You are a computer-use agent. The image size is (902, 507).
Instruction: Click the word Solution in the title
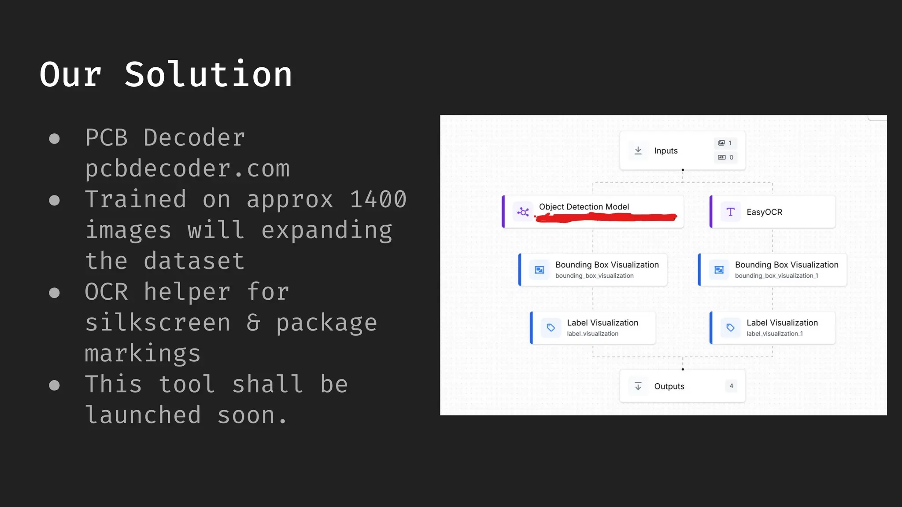208,75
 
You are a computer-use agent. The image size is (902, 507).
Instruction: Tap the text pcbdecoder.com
188,169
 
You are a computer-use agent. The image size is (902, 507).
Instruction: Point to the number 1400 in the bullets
378,199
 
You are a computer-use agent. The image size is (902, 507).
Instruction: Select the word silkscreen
158,323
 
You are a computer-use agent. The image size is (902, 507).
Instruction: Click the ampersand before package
253,323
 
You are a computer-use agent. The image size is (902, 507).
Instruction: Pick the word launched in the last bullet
143,415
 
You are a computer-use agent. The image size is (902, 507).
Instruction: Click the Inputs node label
665,151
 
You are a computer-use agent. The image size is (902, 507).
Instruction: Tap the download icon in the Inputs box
638,151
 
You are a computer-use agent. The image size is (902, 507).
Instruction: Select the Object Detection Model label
584,206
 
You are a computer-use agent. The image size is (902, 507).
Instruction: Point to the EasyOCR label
764,212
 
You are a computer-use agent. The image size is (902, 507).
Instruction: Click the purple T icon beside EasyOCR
730,212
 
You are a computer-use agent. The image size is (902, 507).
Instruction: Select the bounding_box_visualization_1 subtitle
776,276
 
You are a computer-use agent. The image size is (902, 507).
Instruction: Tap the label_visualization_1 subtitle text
774,334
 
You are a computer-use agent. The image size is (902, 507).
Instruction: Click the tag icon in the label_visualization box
551,327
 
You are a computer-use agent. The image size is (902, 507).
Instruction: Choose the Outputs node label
669,386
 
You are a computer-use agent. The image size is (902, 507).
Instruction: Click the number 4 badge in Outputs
731,386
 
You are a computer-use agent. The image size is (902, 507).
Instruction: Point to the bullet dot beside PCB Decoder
54,139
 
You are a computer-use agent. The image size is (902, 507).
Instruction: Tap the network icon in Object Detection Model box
523,212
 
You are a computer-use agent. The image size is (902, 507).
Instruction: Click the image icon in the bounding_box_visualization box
539,270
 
